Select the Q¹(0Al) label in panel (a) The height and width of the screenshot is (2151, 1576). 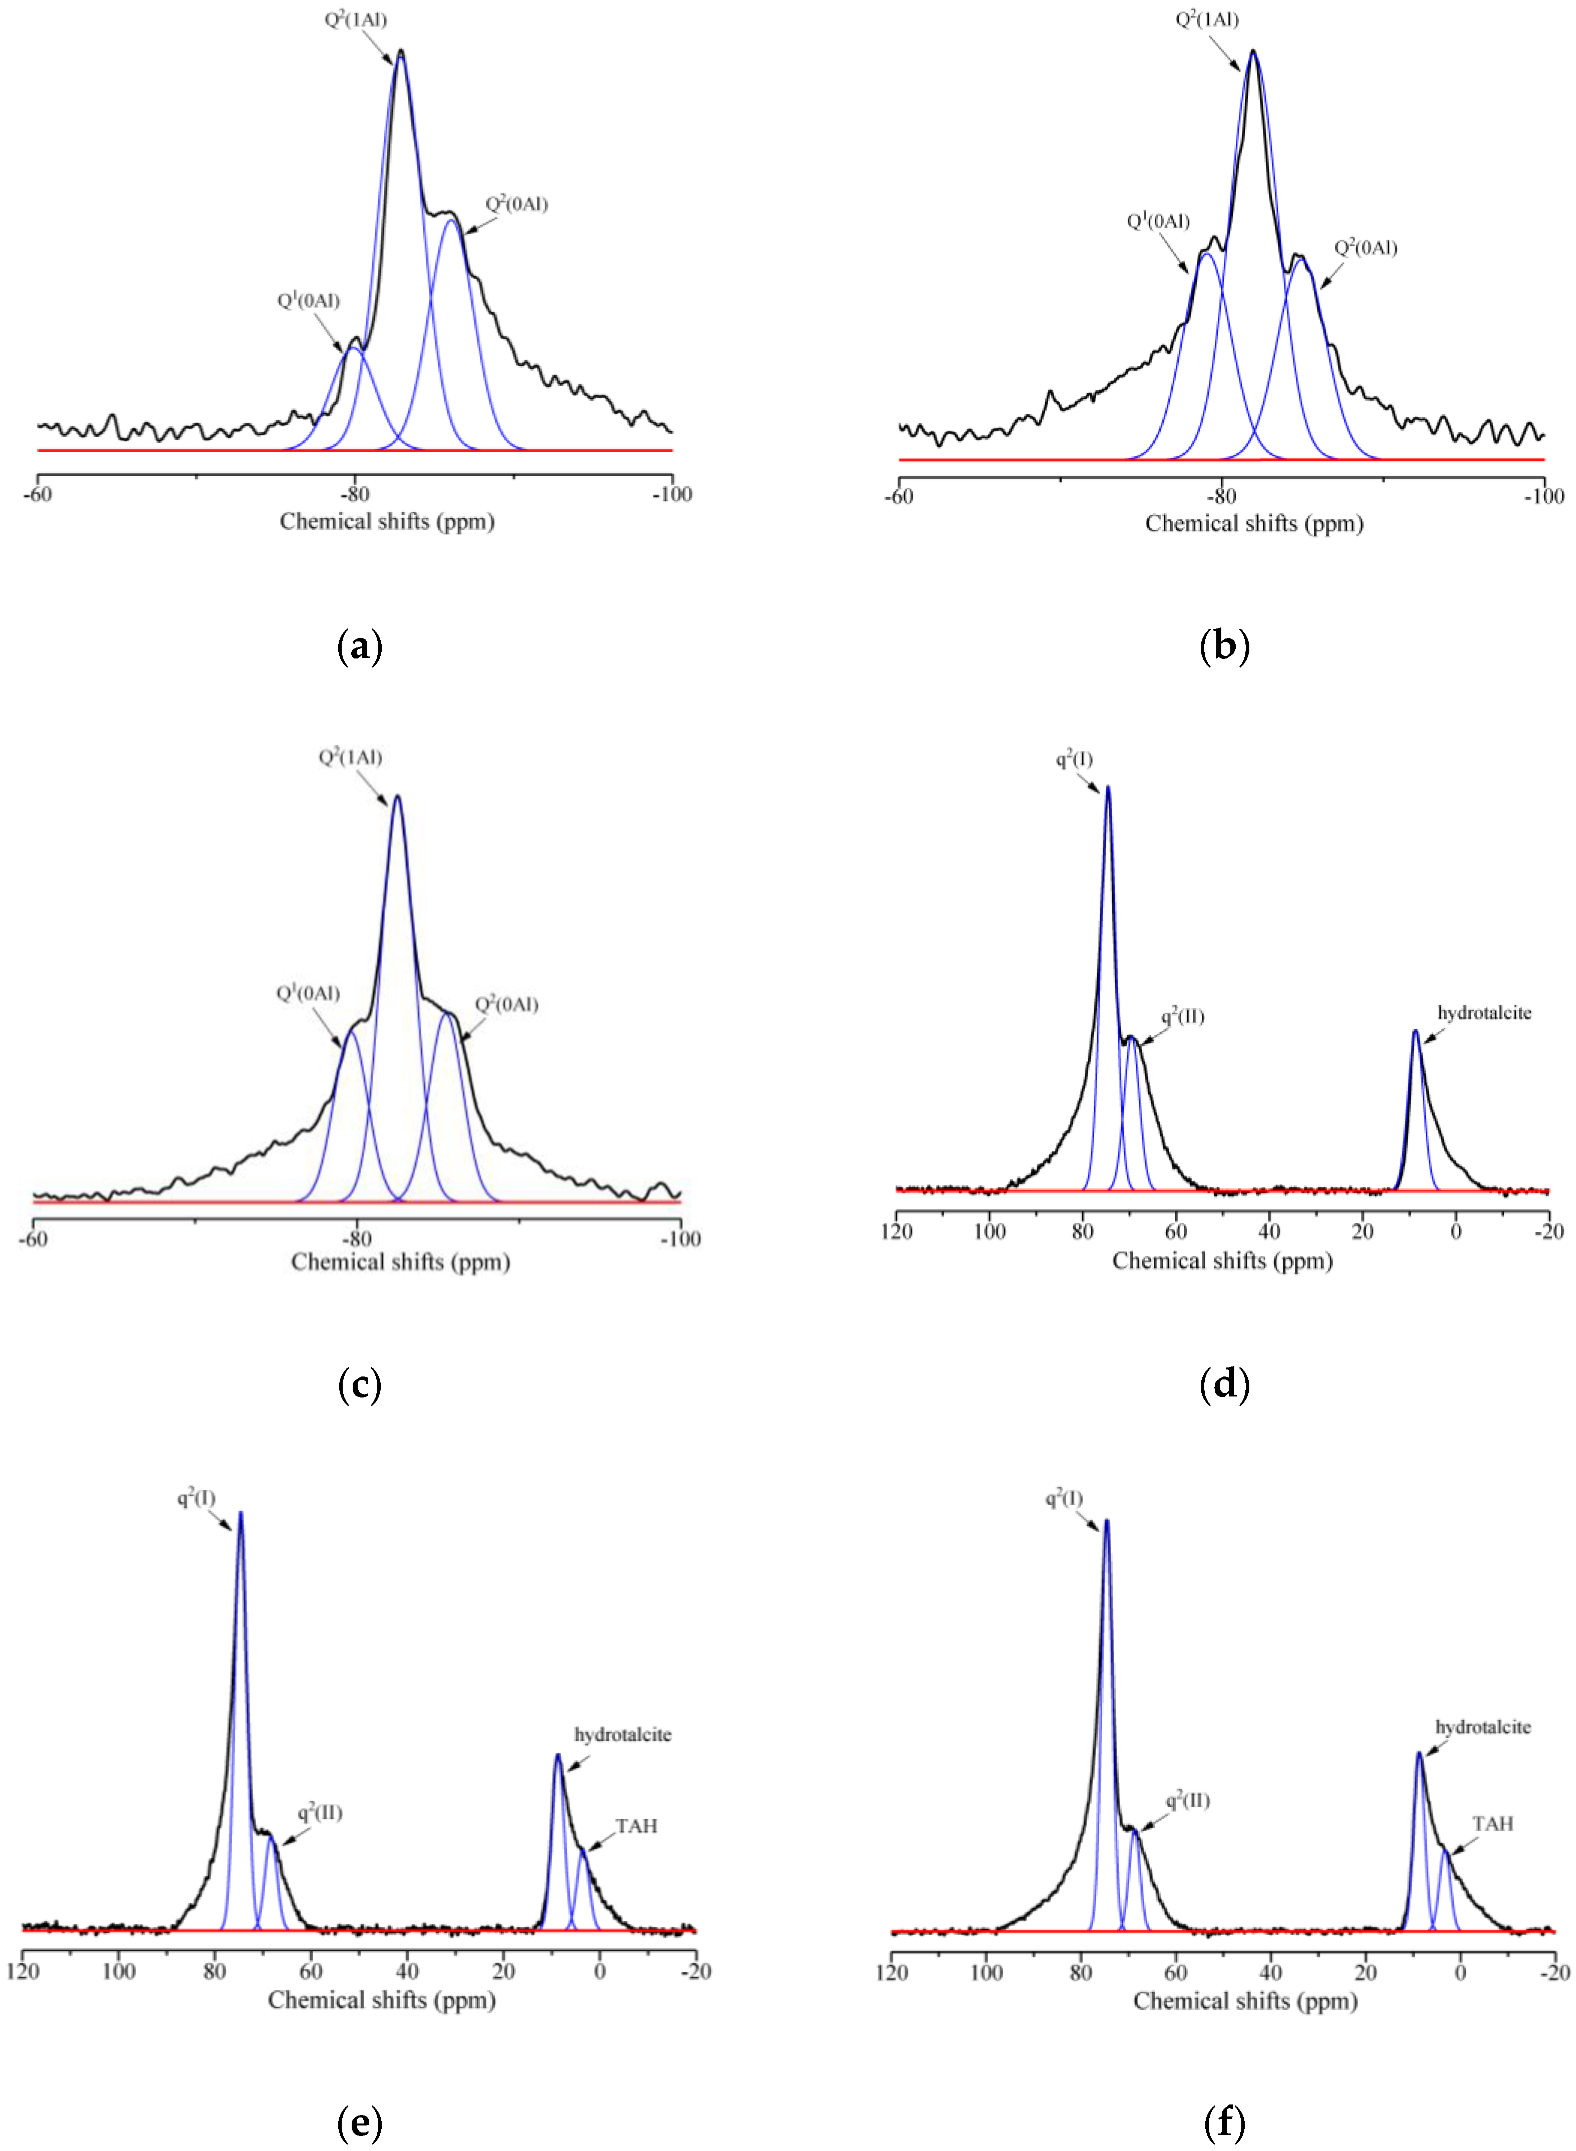click(308, 301)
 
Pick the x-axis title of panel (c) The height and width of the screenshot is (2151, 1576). click(401, 1262)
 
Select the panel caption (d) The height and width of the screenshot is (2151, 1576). click(1224, 1383)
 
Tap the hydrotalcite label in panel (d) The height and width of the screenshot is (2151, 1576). click(1483, 1013)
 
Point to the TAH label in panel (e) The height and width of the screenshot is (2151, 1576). click(636, 1826)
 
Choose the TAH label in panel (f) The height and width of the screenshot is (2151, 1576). click(1492, 1824)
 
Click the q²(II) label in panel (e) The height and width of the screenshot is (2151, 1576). click(320, 1812)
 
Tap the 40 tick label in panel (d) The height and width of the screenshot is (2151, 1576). click(1269, 1231)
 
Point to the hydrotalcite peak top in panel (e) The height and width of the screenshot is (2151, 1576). click(558, 1754)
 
